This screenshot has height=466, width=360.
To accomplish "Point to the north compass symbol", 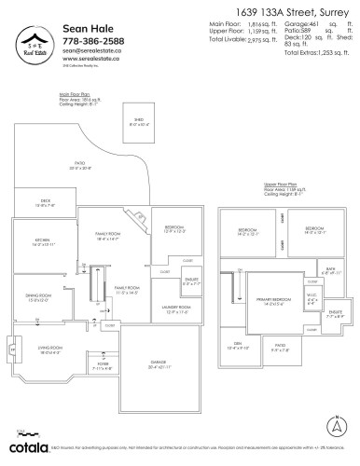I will [334, 426].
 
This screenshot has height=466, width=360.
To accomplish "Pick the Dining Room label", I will [38, 298].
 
